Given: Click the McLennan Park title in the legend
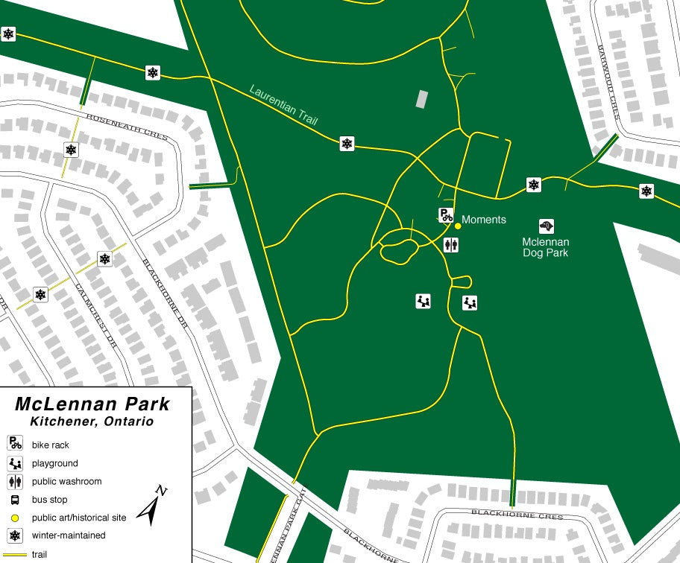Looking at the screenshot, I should point(92,404).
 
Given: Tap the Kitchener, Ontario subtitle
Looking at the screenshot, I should point(92,422).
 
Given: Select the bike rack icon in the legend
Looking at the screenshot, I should point(15,444).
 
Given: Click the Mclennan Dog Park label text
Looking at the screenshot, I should point(545,247).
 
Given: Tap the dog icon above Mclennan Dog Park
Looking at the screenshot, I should point(547,225).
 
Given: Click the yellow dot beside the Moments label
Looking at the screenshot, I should point(457,226).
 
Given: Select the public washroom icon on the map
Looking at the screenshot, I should point(450,244).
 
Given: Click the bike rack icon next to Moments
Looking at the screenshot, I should point(445,215).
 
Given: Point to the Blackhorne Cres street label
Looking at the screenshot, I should point(506,513).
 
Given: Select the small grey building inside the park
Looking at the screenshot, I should point(422,98).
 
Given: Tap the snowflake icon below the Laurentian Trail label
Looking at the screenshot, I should point(347,143).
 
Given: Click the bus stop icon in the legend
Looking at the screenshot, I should point(15,500).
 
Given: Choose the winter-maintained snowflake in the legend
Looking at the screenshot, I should point(15,535).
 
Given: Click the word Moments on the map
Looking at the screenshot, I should point(484,220).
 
